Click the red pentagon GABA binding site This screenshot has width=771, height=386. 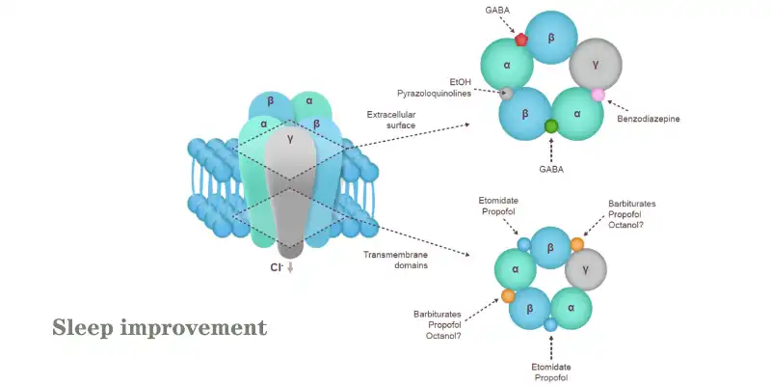(521, 40)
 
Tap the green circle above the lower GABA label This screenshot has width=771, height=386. (551, 126)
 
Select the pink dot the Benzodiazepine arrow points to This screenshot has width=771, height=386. (598, 94)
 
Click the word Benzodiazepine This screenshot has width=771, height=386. (650, 120)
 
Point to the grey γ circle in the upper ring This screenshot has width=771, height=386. (595, 65)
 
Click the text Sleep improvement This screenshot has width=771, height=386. (159, 328)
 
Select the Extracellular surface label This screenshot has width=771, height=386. (393, 120)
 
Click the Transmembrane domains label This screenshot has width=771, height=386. (396, 261)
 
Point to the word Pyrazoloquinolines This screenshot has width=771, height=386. (439, 94)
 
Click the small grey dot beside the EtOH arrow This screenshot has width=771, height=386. (506, 94)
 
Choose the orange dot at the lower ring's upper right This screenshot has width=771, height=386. (576, 244)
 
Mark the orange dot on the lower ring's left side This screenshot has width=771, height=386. (507, 295)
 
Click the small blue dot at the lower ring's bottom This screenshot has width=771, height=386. (550, 325)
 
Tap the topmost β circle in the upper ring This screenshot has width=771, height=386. (550, 37)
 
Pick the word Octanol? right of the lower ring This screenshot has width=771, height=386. (628, 225)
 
